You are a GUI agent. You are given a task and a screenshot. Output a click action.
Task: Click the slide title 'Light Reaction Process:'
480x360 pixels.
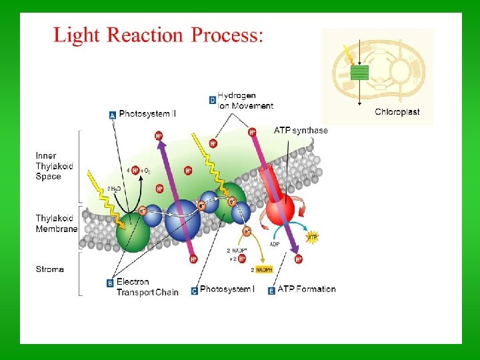pos(159,35)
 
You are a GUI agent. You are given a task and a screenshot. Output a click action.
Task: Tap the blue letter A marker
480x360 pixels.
pos(113,115)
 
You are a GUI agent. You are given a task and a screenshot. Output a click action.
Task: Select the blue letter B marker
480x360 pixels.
pos(110,283)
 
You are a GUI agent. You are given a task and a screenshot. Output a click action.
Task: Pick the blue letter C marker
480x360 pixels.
pos(195,291)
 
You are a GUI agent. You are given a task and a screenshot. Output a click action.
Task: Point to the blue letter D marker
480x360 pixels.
pos(212,101)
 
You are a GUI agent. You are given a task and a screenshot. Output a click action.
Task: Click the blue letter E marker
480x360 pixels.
pos(271,291)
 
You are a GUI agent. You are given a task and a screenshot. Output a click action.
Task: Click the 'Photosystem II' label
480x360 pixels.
pos(147,114)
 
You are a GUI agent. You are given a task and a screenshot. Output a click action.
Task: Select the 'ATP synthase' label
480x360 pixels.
pos(301,131)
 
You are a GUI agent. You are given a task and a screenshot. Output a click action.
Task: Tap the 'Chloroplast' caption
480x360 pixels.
pos(397,112)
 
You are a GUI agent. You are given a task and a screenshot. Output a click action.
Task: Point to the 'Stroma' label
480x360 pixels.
pos(50,269)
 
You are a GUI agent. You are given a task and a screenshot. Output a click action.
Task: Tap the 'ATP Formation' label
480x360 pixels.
pos(307,289)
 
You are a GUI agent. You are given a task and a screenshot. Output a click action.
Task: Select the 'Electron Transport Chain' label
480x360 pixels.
pos(147,287)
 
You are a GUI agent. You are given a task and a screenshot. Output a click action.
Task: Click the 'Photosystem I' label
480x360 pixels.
pos(227,289)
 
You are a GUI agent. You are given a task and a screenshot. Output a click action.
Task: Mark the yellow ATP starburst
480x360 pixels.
pos(311,237)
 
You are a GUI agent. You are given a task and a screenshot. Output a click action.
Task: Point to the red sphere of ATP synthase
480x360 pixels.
pos(280,212)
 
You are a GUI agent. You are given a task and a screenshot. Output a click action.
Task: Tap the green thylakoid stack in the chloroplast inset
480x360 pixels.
pos(360,72)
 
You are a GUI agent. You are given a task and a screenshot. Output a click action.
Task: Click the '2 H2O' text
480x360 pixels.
pos(114,189)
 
